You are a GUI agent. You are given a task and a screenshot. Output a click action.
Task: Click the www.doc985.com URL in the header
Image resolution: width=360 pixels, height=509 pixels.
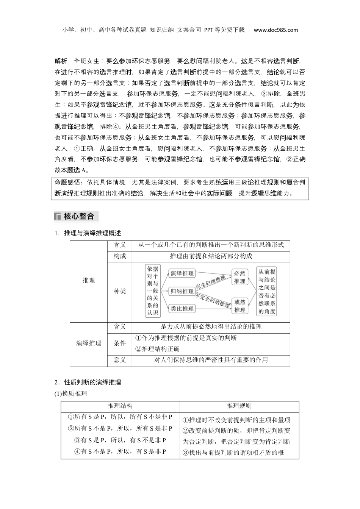275,30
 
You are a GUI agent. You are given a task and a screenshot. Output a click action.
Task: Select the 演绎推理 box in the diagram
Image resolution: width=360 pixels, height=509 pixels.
182,273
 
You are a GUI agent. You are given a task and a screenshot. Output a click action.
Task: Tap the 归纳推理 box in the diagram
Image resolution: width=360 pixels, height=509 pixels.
182,291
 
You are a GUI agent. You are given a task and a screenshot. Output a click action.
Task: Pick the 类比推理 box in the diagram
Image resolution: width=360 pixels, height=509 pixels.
182,309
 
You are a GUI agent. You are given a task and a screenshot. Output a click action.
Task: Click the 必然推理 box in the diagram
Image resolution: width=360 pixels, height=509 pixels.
239,277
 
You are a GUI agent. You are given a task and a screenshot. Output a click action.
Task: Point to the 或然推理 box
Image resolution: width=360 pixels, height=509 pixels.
239,306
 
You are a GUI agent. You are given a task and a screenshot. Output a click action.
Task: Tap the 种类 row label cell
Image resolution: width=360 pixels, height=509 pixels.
120,291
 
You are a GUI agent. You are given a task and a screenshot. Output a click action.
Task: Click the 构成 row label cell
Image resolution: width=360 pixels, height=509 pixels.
120,256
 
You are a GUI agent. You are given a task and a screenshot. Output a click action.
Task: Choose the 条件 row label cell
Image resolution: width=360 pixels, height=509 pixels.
120,343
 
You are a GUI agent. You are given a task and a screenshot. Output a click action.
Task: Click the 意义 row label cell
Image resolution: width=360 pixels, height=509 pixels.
120,360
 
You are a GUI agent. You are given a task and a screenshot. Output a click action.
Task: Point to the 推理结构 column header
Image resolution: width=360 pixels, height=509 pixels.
120,406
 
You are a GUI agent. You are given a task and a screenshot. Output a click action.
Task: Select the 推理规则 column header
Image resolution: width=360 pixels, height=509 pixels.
239,406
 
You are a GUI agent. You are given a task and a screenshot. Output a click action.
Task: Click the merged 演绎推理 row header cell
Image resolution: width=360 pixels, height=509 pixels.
89,343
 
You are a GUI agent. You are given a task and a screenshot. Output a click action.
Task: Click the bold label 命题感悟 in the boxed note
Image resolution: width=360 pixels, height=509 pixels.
68,183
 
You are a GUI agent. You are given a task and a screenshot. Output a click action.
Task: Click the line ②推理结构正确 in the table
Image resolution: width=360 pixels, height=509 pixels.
157,349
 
